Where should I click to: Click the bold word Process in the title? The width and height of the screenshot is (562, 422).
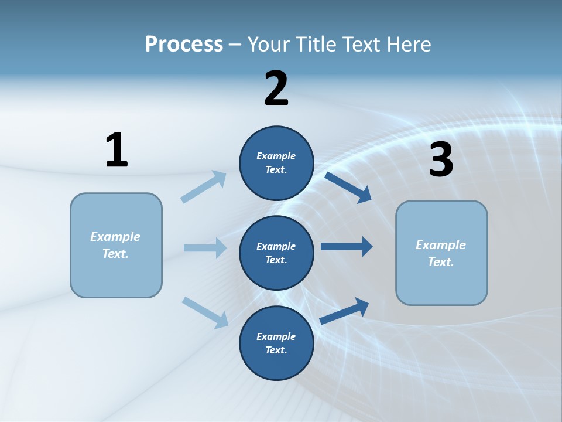point(184,45)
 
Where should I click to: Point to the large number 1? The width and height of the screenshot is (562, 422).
point(116,150)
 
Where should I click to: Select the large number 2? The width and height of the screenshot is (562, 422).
point(276,89)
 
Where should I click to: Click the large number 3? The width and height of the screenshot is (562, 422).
point(441,159)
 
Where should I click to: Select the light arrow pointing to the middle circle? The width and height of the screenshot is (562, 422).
point(205,248)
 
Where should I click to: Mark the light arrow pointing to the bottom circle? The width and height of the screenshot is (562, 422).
point(205,312)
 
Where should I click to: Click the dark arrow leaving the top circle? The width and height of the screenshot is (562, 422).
point(348,187)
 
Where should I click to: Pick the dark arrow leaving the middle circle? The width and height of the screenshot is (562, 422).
point(347,247)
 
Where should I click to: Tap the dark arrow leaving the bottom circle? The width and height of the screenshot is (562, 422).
point(345,311)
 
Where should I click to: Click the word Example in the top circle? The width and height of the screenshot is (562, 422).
point(276,156)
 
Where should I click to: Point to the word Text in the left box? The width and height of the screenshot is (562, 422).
point(115,254)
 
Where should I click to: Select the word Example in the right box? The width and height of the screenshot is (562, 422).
point(441,245)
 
